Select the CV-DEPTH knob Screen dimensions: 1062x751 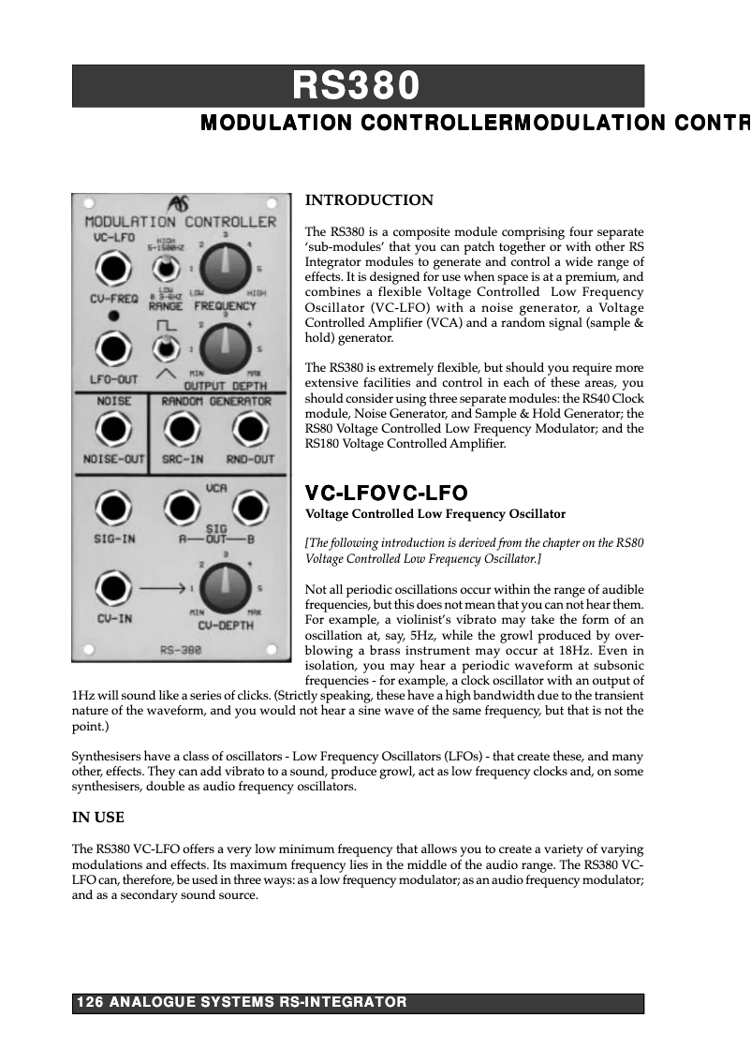click(x=224, y=589)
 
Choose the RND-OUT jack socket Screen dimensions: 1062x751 click(x=249, y=431)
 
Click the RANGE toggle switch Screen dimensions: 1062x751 click(x=166, y=270)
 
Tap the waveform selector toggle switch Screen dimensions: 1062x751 click(x=166, y=349)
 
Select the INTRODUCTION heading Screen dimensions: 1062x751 click(x=369, y=200)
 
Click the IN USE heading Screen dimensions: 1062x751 click(x=97, y=818)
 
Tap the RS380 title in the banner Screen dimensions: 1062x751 click(x=357, y=86)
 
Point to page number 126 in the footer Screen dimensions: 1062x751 click(x=89, y=1003)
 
